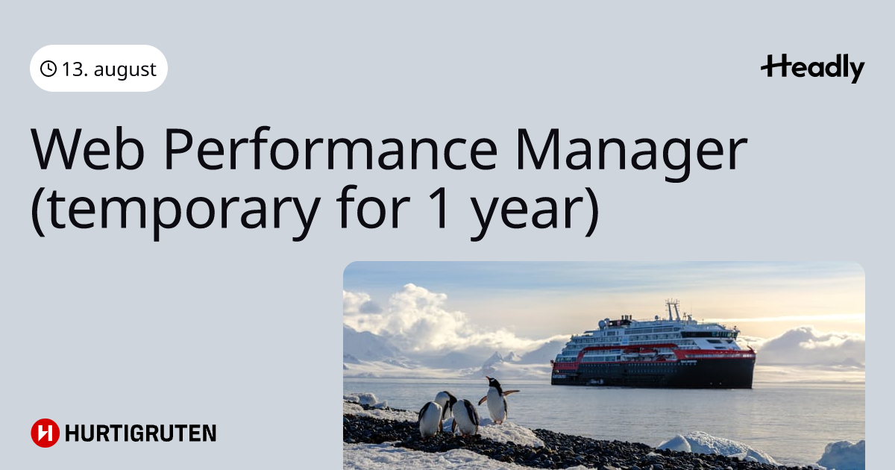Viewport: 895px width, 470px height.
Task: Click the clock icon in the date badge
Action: (x=48, y=69)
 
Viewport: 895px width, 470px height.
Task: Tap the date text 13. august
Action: (x=109, y=69)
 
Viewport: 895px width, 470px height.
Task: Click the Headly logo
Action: (x=813, y=68)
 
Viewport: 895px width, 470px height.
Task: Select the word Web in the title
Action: (x=87, y=149)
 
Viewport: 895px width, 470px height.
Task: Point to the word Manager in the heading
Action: (x=631, y=154)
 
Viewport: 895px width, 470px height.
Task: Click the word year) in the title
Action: (x=535, y=212)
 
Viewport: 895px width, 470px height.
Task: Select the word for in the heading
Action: (x=373, y=207)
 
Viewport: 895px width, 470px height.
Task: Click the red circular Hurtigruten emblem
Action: (x=45, y=433)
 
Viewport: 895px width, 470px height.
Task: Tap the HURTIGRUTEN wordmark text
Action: (x=141, y=433)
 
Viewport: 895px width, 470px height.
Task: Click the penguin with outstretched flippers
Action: (x=496, y=401)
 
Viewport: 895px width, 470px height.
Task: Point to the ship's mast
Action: (x=673, y=310)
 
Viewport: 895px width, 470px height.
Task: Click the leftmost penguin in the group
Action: (x=430, y=419)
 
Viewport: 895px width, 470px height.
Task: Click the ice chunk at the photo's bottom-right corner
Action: (x=842, y=456)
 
